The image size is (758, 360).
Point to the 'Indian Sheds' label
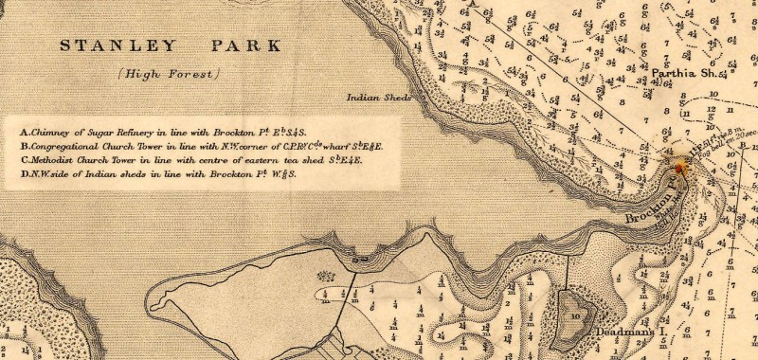(x=379, y=98)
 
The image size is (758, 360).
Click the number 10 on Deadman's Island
(x=575, y=315)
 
